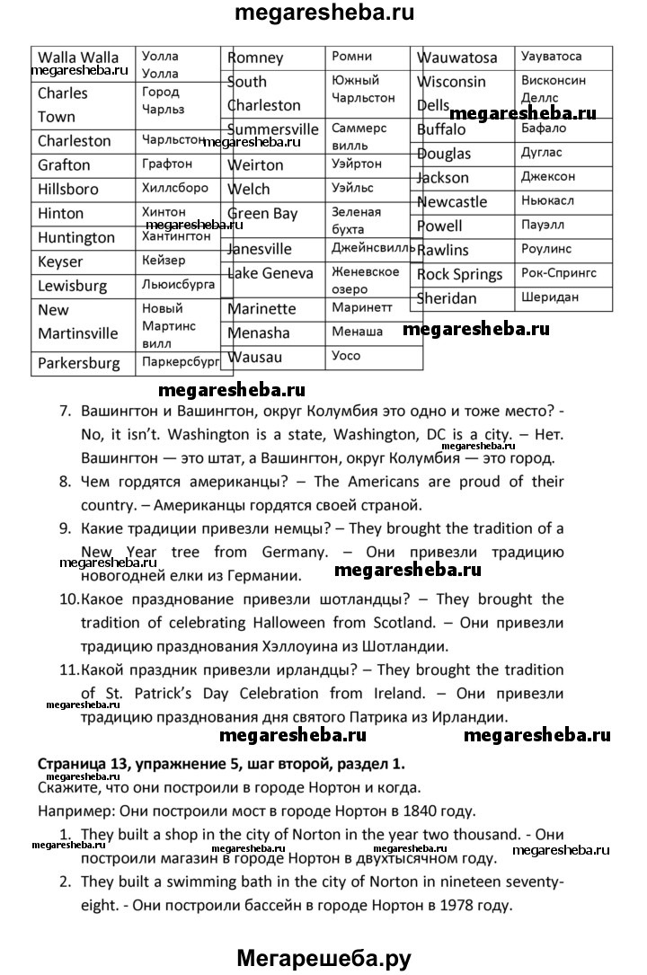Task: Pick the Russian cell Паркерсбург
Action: point(181,363)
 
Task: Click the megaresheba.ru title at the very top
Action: point(323,14)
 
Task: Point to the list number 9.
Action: point(65,528)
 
